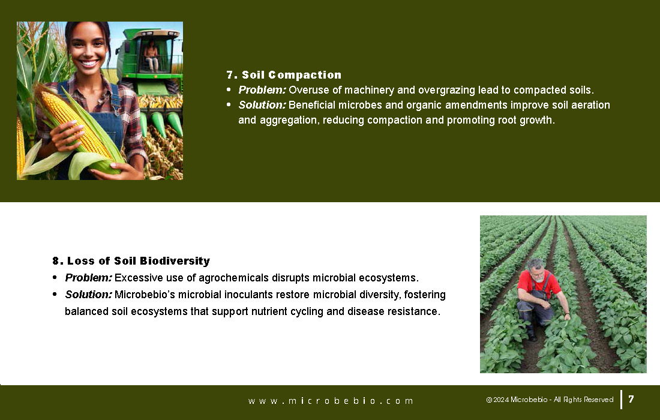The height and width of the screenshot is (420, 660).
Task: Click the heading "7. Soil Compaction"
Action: click(x=284, y=75)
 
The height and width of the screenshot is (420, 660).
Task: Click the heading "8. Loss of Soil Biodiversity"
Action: click(x=131, y=261)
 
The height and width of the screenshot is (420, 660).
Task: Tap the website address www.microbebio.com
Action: click(x=331, y=401)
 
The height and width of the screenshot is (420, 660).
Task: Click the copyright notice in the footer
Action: click(x=550, y=400)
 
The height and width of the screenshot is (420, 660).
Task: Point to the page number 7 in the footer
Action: click(x=631, y=399)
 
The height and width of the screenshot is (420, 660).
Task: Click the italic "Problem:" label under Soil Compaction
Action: click(x=262, y=90)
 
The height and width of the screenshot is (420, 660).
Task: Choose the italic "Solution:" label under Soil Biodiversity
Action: click(x=88, y=295)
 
